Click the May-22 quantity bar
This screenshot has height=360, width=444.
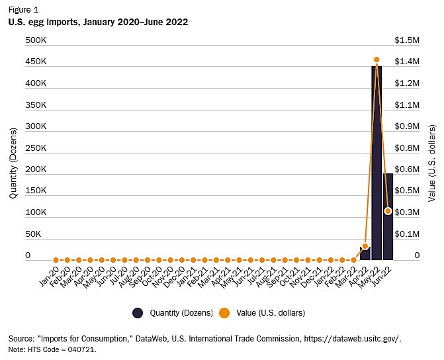click(377, 165)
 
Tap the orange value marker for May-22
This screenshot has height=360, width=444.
click(377, 60)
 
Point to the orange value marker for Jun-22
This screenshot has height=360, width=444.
click(388, 211)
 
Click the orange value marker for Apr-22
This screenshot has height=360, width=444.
click(365, 246)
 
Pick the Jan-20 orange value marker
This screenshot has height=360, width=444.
click(56, 260)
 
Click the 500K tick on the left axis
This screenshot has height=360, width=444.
click(36, 40)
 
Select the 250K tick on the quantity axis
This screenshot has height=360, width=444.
click(36, 148)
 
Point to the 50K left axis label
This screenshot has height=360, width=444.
click(33, 234)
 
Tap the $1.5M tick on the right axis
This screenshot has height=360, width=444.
click(408, 40)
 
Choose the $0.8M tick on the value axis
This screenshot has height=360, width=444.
click(408, 148)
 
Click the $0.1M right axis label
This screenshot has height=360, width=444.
click(408, 234)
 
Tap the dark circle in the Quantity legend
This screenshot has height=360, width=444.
click(138, 312)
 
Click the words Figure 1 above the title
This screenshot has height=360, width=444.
click(23, 9)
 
